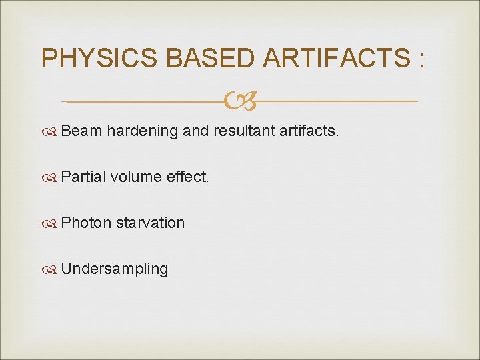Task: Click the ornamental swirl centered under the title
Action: click(240, 102)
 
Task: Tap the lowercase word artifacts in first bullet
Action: click(310, 131)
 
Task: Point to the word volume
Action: click(135, 177)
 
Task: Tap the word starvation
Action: click(151, 223)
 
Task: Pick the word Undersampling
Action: click(115, 269)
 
